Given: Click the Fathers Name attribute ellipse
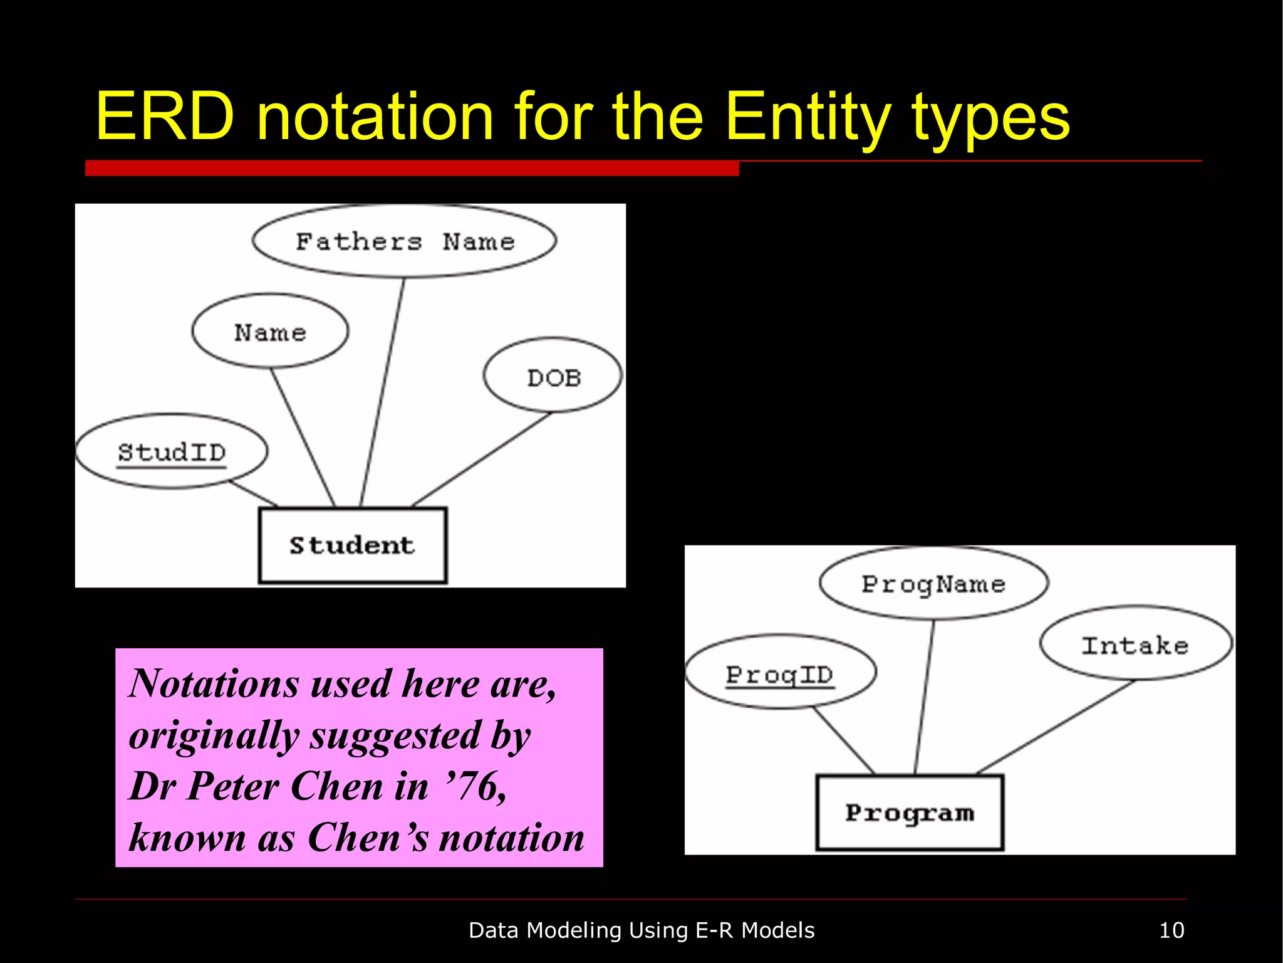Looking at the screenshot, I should pos(404,241).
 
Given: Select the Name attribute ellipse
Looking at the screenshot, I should pos(270,332).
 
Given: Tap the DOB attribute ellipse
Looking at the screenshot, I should pos(553,376).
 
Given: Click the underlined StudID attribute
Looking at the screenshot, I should pos(172,452).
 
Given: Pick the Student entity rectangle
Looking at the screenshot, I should pos(353,545).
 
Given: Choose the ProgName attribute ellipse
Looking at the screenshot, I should pos(933,584).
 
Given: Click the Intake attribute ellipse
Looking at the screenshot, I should pos(1135,645).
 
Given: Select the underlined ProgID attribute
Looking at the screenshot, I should pos(780,674).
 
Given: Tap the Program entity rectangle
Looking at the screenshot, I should pos(910,813).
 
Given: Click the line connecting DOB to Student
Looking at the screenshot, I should pos(481,459).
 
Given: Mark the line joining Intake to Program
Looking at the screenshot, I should pos(1056,726).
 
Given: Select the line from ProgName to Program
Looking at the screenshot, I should pos(925,696).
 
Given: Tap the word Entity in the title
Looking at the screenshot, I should pos(808,117).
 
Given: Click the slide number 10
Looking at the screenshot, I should pos(1171,930).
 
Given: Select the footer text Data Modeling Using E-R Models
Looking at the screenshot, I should pos(641,930).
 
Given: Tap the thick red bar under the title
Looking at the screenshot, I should pos(412,168).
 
